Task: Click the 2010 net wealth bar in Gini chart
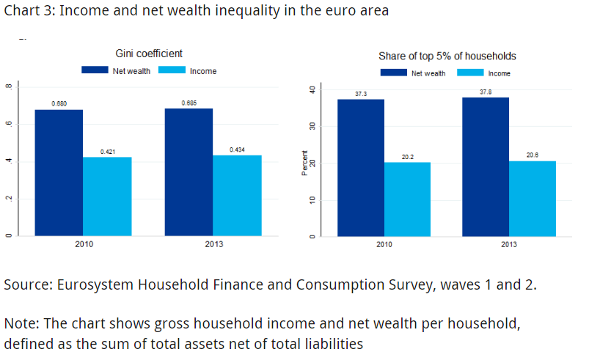tap(59, 172)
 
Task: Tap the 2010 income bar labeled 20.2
tap(406, 199)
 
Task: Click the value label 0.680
tap(59, 104)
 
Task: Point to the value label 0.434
tap(237, 150)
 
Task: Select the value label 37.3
tap(359, 94)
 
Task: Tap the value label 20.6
tap(532, 155)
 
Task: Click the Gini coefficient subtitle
tap(149, 53)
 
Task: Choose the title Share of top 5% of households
tap(447, 56)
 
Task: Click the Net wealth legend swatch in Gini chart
tap(95, 70)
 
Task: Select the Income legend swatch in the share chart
tap(471, 73)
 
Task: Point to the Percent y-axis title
tap(305, 164)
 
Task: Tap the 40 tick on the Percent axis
tap(312, 89)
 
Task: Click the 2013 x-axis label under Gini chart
tap(213, 244)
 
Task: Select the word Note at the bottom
tap(19, 323)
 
